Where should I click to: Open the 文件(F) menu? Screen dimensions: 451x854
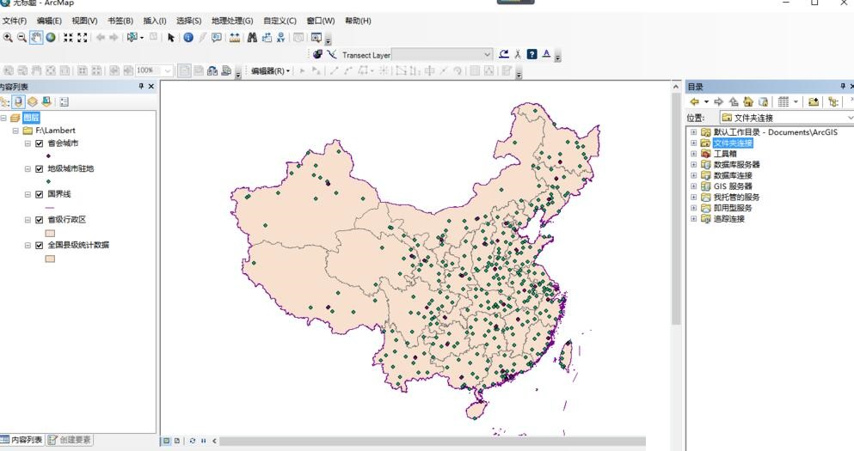(15, 21)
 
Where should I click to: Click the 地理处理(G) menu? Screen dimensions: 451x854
(232, 21)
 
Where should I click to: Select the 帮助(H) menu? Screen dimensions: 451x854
(358, 21)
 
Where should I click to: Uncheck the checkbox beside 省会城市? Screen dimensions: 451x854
(40, 143)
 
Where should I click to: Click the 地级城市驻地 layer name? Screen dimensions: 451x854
(71, 169)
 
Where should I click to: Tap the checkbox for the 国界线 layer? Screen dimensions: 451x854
(40, 195)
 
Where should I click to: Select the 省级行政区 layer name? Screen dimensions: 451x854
(67, 220)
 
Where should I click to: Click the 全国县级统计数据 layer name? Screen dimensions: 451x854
(78, 246)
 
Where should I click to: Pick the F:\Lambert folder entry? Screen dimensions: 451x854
(55, 131)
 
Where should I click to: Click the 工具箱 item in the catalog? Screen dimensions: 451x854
(725, 154)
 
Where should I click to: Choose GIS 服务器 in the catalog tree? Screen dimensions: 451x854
(733, 186)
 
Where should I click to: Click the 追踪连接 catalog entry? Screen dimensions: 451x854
(729, 219)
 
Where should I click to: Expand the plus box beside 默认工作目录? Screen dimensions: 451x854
(694, 132)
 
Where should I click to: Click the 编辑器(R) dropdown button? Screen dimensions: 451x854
(270, 71)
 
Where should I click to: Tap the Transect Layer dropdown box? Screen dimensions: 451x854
(442, 55)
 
